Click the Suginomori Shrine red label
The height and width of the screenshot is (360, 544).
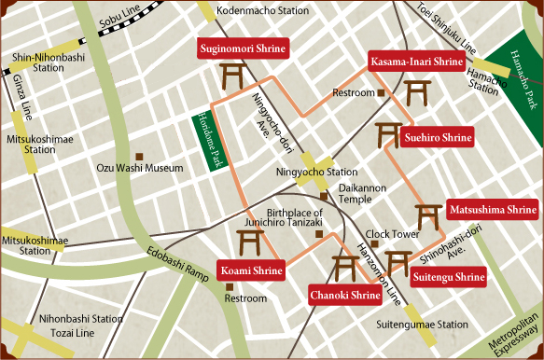coord(242,48)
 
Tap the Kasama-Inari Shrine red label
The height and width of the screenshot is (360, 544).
coord(416,62)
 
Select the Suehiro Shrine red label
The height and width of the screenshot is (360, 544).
coord(438,138)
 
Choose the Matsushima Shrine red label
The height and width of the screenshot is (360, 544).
coord(493,210)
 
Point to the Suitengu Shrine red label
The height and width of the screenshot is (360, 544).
coord(449,277)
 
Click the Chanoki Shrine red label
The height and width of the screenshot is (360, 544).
coord(345,297)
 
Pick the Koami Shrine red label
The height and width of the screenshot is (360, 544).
coord(251,271)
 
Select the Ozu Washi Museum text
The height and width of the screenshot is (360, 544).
coord(140,169)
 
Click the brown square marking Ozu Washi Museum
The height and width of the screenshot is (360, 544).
coord(139,156)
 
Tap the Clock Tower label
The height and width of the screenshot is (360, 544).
coord(393,234)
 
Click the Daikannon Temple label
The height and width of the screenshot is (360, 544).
coord(356,193)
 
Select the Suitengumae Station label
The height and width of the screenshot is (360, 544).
coord(422,325)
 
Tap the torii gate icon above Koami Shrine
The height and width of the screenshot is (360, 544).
coord(249,243)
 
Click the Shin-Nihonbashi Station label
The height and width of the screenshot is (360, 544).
coord(38,62)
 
